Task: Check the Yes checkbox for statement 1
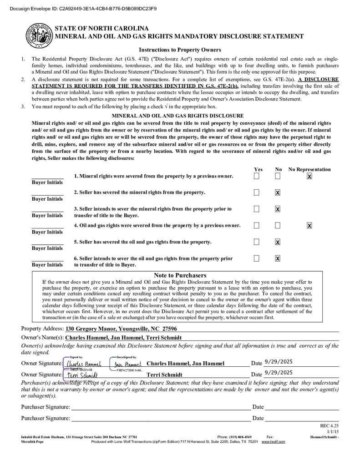pos(257,176)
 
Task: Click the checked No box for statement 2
pos(278,192)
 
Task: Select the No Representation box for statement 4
pos(309,225)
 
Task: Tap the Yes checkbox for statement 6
pos(257,258)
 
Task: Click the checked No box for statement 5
pos(278,242)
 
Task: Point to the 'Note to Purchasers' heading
pos(180,275)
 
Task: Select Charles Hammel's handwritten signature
pos(83,364)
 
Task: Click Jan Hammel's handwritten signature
pos(128,364)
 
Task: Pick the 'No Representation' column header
pos(309,169)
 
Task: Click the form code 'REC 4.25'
pos(330,425)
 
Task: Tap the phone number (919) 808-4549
pos(234,437)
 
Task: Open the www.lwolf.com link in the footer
pos(273,442)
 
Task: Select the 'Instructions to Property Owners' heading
pos(180,50)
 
